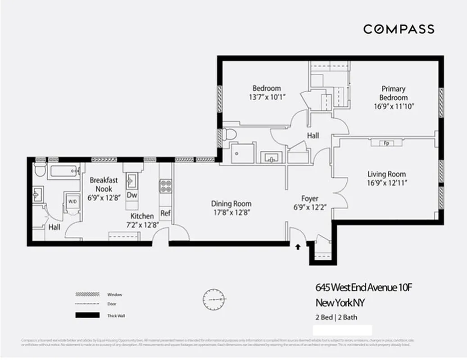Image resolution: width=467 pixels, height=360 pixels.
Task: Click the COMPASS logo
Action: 399,29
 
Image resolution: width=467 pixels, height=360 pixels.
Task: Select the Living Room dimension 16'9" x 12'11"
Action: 386,183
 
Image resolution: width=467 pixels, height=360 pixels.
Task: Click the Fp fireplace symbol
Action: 386,143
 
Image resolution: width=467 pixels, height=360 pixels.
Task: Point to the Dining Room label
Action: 231,203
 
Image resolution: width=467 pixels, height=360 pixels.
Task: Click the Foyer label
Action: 310,198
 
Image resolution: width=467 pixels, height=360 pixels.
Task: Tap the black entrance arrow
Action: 297,247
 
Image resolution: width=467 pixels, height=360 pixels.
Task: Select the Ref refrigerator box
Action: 165,213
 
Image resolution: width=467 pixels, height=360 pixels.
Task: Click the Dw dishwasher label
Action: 132,195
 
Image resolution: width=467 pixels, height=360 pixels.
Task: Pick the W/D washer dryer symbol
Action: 73,202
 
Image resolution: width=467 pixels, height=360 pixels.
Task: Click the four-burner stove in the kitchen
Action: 166,186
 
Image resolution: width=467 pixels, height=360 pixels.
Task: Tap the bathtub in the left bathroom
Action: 63,171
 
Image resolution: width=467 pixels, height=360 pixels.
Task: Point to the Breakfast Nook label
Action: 104,184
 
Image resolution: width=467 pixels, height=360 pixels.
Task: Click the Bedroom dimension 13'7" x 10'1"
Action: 268,97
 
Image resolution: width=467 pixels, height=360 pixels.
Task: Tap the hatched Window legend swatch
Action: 87,294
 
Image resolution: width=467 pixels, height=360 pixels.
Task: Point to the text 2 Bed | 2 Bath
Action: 336,317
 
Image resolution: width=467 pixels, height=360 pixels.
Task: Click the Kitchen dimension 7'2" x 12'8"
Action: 142,225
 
